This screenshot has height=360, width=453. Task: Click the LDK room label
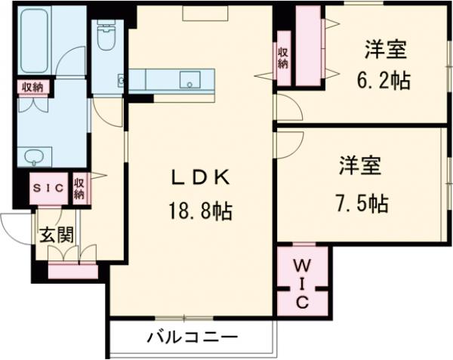coord(199,178)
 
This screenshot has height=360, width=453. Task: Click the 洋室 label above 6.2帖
coord(386,51)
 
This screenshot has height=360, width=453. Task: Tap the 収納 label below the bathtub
coord(31,88)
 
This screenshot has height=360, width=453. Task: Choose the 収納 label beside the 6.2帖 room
coord(282,57)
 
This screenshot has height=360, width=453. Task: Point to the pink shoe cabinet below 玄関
coord(72,269)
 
